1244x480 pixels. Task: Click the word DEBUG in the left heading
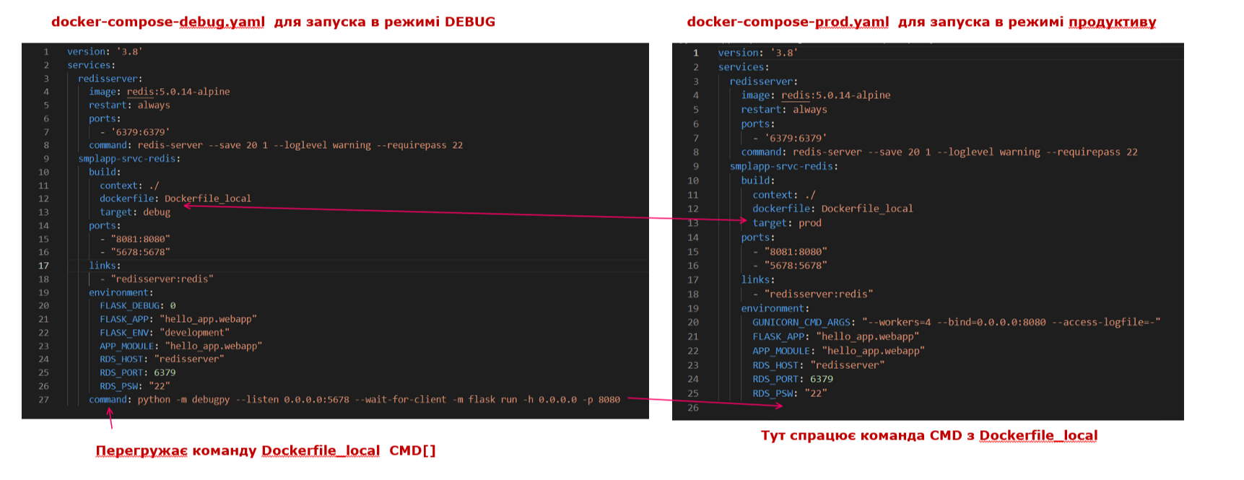tap(470, 22)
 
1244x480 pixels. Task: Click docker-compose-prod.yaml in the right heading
tap(788, 22)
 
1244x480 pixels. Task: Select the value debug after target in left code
tap(157, 212)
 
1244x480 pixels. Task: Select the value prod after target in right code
tap(810, 223)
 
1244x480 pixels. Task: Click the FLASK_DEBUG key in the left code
tap(130, 305)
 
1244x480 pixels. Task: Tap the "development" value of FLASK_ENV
tap(195, 333)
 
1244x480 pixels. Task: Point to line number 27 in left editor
tap(43, 400)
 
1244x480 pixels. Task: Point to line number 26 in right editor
tap(693, 408)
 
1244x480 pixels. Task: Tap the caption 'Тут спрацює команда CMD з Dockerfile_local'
tap(929, 435)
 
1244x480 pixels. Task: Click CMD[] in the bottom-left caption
tap(412, 450)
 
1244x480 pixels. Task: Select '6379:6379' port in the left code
tap(141, 132)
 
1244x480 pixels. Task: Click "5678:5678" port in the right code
tap(796, 266)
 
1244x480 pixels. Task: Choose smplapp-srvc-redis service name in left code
tap(127, 159)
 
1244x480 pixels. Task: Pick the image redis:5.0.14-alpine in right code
tap(836, 95)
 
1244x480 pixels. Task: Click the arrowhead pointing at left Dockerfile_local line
tap(187, 206)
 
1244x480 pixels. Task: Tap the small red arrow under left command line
tap(110, 418)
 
